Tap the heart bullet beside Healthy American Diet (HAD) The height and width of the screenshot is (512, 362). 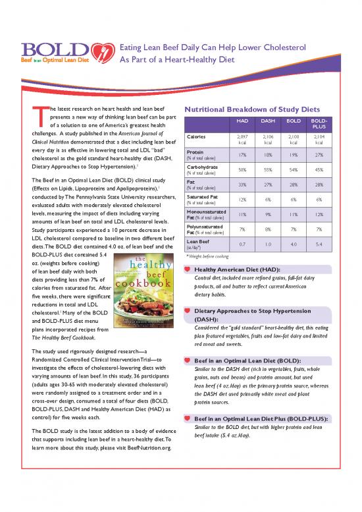click(x=190, y=270)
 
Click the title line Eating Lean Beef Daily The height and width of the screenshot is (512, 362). click(x=209, y=47)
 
